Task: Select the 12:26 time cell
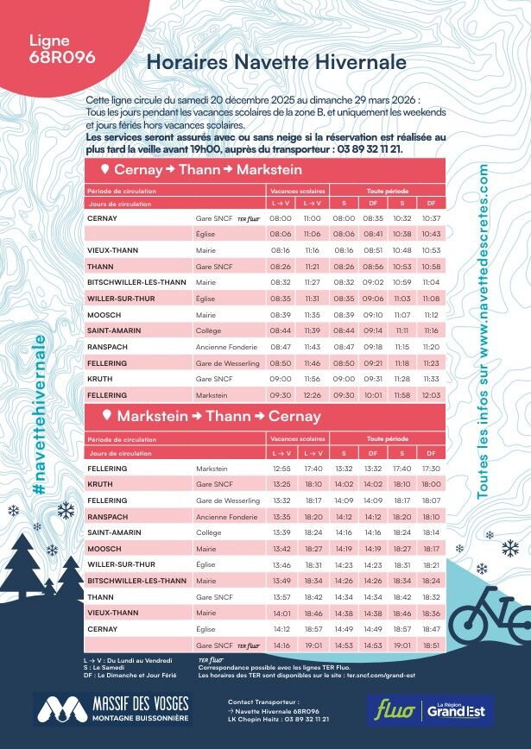click(313, 395)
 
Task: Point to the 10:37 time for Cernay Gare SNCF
click(432, 218)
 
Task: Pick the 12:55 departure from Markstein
click(281, 469)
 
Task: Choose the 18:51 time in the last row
click(432, 645)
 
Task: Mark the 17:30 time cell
click(432, 469)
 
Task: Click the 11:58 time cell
click(402, 395)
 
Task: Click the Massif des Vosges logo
click(111, 709)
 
